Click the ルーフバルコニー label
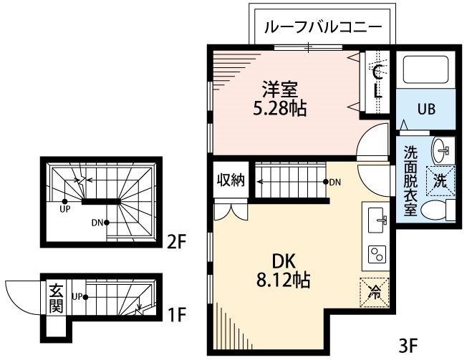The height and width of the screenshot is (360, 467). pos(323,28)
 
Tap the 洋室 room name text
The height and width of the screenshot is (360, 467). pos(279,91)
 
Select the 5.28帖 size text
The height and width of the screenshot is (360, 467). pos(280,110)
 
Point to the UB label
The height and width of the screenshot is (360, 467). pos(427,110)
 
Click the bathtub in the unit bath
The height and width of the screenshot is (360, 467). pos(425,71)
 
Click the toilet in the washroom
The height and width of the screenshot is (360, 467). pos(435,210)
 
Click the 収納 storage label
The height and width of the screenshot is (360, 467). pos(231,180)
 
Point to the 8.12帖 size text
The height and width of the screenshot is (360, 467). pos(281,281)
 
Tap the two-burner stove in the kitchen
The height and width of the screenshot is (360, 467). pos(376,254)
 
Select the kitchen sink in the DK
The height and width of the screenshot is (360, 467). pos(376,221)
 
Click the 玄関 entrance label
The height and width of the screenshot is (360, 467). pos(56,298)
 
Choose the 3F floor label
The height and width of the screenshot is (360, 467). pos(408,346)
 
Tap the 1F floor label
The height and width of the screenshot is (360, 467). pos(178,313)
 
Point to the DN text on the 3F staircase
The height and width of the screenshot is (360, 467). pos(335,183)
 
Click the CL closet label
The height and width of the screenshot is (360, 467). pos(377,81)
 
